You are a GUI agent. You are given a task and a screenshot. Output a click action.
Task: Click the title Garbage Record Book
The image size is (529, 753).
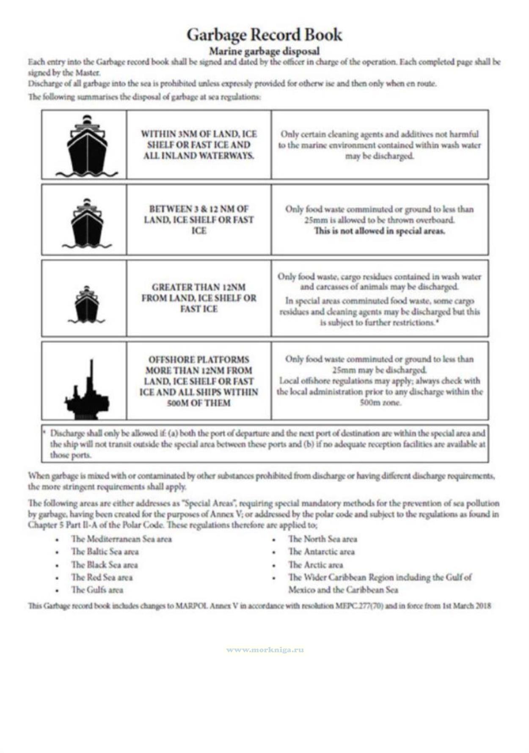pos(264,35)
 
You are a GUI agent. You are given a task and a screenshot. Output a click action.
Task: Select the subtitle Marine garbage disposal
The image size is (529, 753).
pos(264,52)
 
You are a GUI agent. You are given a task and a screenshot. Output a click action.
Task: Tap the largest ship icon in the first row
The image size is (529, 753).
pos(87,146)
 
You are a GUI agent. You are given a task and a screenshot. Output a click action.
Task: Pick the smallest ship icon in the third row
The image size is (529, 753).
pos(87,305)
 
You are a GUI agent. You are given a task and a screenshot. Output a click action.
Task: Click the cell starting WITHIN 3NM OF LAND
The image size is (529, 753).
pos(199,145)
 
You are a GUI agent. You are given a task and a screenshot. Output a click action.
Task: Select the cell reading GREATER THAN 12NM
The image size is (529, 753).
pos(199,298)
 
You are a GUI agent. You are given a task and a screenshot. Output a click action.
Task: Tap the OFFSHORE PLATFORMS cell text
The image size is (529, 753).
pos(199,381)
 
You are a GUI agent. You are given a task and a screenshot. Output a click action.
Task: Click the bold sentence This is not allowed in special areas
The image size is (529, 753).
pos(379,231)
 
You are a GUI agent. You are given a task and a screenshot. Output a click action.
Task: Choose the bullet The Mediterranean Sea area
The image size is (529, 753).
pos(121,539)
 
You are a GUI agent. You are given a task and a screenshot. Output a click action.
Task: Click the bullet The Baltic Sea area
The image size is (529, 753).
pos(105,552)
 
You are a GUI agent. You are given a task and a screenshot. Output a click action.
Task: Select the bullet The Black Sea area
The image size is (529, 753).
pos(104,565)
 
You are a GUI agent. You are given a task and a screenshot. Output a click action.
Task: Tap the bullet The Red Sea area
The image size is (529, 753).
pos(102,577)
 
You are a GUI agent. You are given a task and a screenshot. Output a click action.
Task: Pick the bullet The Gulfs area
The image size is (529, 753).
pos(97,590)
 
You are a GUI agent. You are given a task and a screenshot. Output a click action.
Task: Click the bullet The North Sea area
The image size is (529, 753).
pos(322,539)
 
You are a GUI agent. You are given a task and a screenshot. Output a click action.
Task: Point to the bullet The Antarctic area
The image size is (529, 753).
pos(321,552)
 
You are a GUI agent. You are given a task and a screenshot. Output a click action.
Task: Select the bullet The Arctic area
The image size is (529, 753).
pos(315,565)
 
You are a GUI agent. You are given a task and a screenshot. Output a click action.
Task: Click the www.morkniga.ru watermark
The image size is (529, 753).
pos(265,650)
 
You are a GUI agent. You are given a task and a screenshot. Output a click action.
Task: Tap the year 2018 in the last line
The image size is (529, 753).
pos(483,606)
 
